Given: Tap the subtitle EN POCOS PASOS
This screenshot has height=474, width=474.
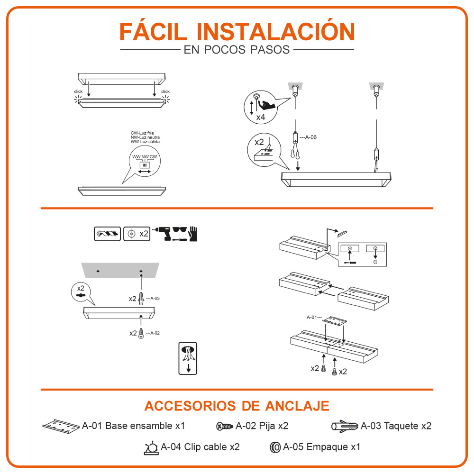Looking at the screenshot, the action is point(237,50).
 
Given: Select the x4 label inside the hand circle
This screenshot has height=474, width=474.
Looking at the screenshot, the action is point(261,117).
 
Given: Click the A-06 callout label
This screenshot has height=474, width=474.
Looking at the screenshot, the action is point(309,137).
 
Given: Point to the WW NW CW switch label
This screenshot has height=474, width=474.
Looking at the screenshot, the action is point(145,157).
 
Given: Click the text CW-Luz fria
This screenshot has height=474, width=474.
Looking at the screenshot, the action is point(142,133).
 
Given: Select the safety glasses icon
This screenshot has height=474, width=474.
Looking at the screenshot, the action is point(180,229).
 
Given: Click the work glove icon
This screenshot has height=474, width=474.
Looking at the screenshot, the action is point(193,234).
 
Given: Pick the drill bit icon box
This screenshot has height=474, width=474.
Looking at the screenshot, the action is point(107,234).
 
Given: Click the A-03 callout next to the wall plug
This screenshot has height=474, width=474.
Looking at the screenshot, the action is point(153,298).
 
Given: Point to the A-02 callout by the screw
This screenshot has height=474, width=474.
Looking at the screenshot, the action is point(153,333).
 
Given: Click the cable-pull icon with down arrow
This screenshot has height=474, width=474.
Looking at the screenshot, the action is point(188,358).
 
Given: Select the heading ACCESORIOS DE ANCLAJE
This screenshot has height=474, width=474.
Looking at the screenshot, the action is point(237,406).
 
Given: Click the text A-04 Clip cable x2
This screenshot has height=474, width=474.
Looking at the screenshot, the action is point(200,447).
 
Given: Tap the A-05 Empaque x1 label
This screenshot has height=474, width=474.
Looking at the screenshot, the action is point(322,447).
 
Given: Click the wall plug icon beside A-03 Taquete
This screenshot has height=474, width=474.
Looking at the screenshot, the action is point(345,426).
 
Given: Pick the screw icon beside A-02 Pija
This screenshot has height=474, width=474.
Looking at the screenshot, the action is point(225,427).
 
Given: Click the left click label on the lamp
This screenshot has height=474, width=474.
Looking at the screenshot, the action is point(78,91).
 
